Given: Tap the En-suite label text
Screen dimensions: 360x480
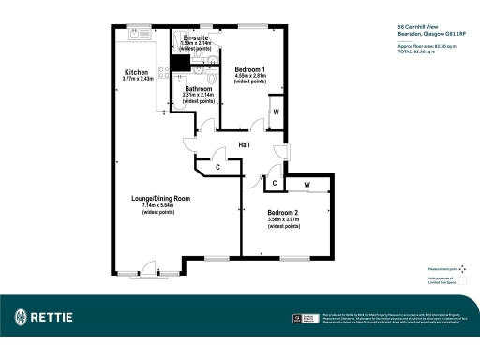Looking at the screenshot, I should pos(194,37).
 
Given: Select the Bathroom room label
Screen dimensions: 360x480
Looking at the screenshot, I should pos(198,88).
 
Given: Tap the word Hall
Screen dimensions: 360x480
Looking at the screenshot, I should pos(244,144).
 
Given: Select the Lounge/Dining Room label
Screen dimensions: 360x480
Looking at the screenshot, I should pos(160,199).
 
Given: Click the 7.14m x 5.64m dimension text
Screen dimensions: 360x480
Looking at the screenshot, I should pos(160,206).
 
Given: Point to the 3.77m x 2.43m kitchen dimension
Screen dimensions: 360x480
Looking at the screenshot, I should pos(138,79).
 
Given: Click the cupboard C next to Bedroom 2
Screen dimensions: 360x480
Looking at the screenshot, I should pos(272,182).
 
